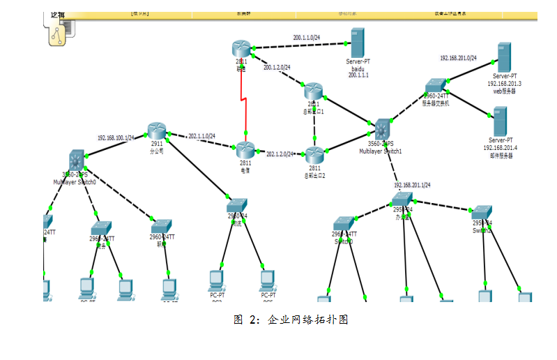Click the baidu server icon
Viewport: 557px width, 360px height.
tap(358, 43)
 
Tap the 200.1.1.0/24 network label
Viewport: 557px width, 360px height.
tap(307, 37)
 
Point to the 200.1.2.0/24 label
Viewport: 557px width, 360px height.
tap(277, 68)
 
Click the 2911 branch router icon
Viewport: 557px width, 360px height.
tap(157, 130)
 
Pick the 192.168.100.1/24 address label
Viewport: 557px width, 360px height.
tap(116, 137)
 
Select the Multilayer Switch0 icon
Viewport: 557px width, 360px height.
tap(77, 160)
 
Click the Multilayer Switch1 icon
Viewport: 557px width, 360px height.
tap(382, 130)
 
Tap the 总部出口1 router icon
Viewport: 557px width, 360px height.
tap(313, 91)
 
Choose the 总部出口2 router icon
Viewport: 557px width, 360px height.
tap(314, 154)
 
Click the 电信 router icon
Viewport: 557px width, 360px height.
tap(245, 149)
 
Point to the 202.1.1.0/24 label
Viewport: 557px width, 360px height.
tap(202, 136)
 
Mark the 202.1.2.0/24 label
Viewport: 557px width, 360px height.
tap(280, 153)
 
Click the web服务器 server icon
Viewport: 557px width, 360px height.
tap(503, 57)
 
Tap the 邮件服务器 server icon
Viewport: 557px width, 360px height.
tap(499, 121)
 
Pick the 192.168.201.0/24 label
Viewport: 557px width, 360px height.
tap(458, 59)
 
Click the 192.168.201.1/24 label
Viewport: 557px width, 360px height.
tap(412, 186)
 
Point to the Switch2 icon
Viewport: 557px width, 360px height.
tap(482, 212)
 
